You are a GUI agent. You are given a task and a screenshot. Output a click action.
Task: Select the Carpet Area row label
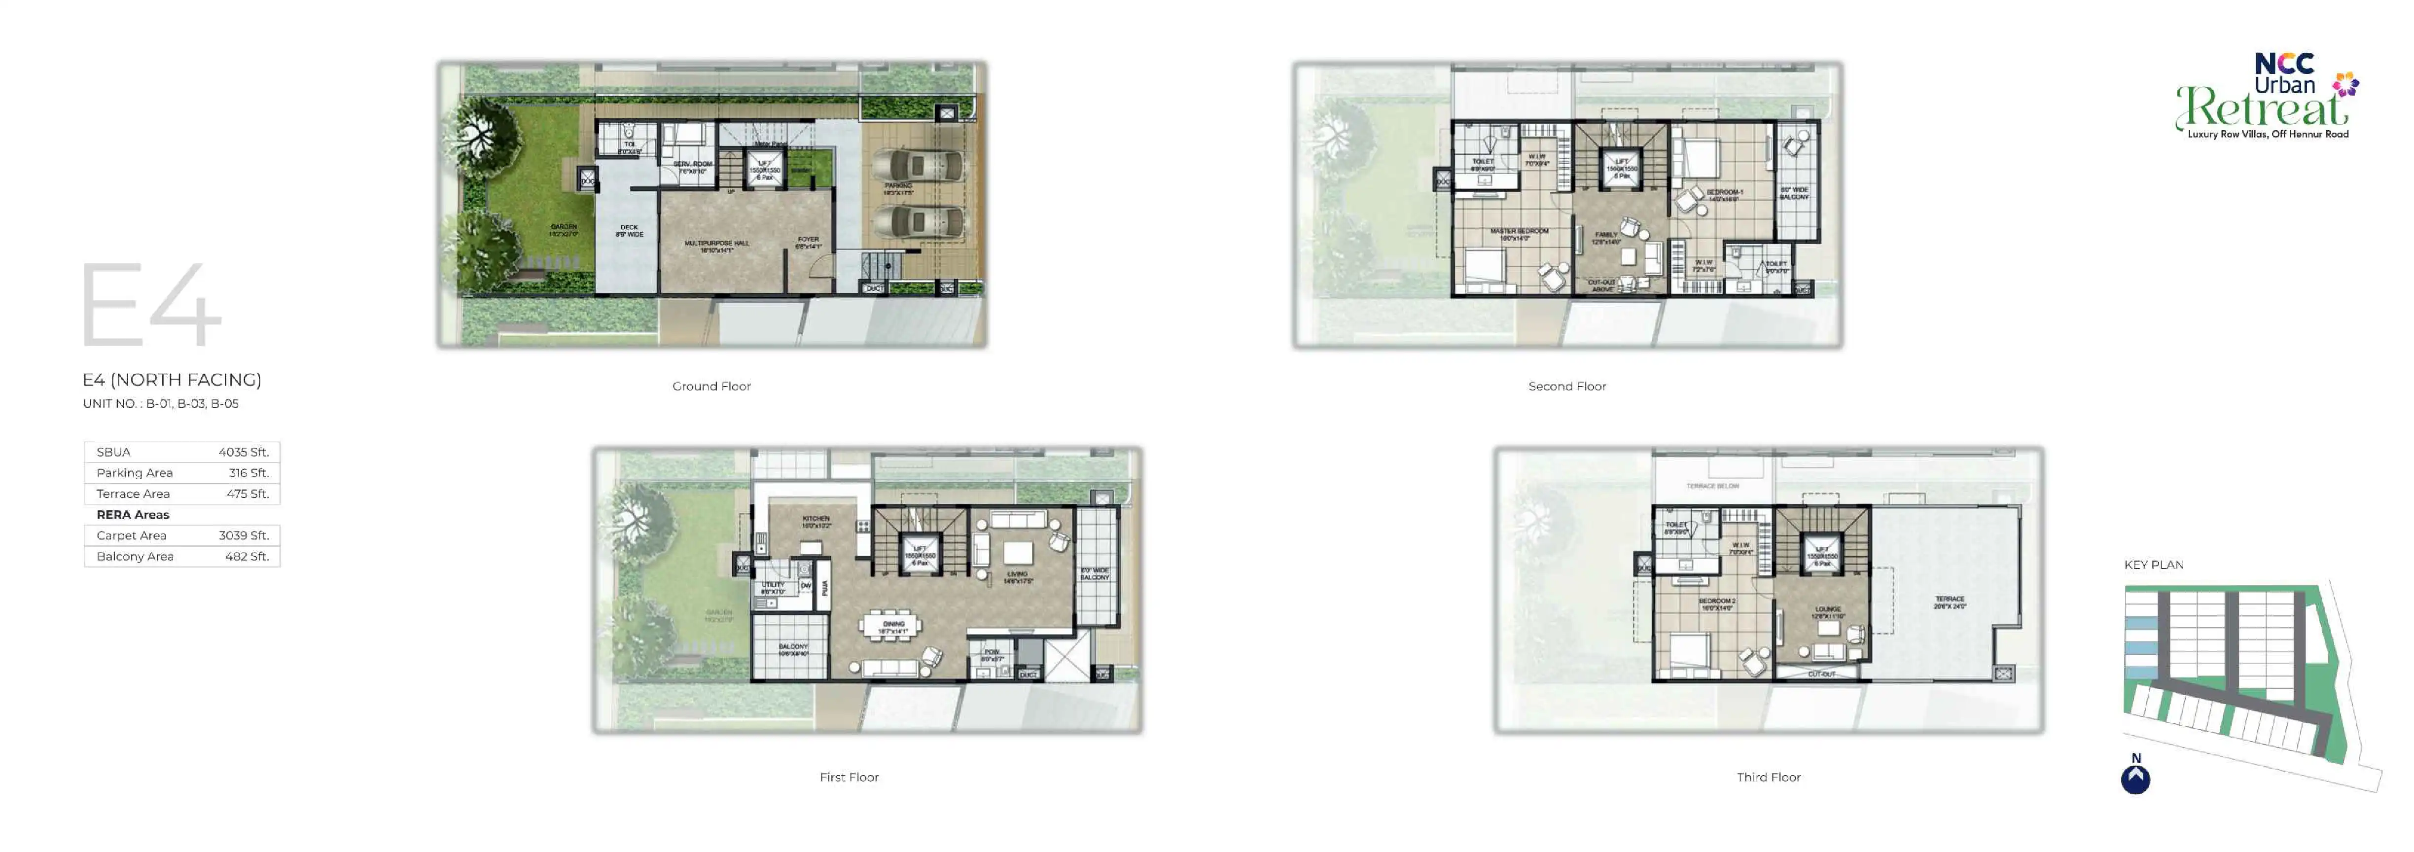pos(131,535)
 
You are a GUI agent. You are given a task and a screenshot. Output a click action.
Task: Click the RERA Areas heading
pos(133,515)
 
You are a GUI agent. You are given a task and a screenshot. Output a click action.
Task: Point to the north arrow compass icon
pos(2136,779)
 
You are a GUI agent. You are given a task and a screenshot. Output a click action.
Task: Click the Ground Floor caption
pos(711,386)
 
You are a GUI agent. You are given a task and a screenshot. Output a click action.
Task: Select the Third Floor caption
pos(1768,777)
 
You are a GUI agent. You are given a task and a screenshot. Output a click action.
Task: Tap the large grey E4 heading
pos(150,305)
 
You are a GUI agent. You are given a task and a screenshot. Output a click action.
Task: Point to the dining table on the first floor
pos(891,625)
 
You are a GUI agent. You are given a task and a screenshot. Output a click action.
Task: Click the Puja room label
pos(825,588)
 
